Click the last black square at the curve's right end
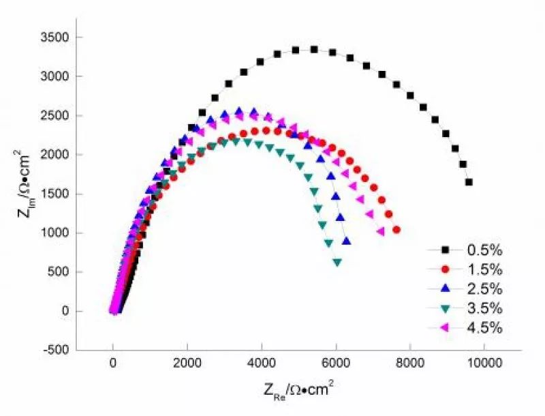coord(469,182)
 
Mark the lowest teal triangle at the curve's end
coord(337,262)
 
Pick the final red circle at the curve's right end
coord(396,230)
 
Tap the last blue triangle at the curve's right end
coord(346,241)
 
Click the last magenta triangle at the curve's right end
coord(380,232)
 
